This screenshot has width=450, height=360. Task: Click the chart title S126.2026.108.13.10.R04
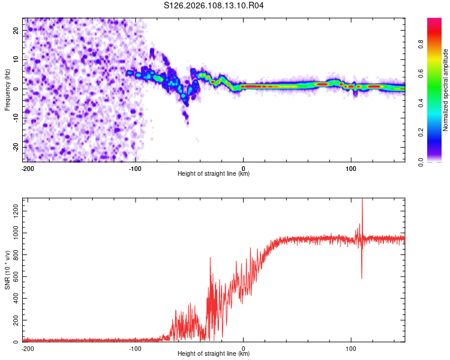[214, 5]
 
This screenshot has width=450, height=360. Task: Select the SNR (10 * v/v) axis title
[7, 270]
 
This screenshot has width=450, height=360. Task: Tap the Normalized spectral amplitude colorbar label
[446, 90]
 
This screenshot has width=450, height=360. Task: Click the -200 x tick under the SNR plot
[27, 348]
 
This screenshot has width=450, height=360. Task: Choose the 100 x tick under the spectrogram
[351, 168]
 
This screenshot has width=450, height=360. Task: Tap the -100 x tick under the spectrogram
[135, 168]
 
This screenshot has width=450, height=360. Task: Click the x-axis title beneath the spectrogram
[214, 174]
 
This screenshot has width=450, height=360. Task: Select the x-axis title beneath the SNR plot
[214, 354]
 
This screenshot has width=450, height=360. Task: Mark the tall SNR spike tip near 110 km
[362, 200]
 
